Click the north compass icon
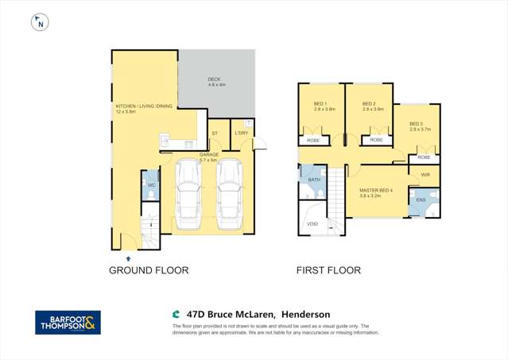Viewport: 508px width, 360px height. pos(38,22)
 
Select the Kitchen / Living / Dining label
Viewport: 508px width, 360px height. pos(132,109)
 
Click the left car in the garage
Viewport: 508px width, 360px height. pos(189,191)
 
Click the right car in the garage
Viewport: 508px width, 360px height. pos(229,191)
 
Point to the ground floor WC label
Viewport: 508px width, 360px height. pos(150,185)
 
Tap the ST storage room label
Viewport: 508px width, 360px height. pos(215,134)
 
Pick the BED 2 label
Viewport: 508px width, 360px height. pos(370,105)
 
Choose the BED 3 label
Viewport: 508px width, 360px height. pos(417,124)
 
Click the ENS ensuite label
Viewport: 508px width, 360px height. pos(421,199)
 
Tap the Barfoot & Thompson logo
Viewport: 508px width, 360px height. pos(68,323)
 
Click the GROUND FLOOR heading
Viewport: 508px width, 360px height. pos(149,270)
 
